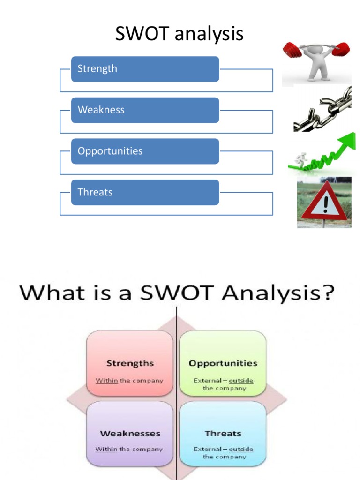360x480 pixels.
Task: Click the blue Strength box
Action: tap(145, 69)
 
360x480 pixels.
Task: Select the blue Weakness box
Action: tap(145, 110)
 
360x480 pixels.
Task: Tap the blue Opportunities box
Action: tap(145, 151)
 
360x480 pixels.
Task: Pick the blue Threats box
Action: tap(145, 192)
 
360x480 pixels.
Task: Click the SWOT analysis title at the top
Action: tap(180, 34)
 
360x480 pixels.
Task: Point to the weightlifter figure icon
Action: tap(317, 61)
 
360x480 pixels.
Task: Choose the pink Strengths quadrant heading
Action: tap(130, 363)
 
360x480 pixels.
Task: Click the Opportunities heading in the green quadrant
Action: tap(223, 363)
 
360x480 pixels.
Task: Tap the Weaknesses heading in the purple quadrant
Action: tap(130, 434)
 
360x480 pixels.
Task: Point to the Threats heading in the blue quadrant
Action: tap(223, 434)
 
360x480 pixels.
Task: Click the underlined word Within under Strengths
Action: tap(107, 380)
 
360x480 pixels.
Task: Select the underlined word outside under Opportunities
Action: tap(241, 380)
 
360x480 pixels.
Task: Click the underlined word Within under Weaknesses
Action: tap(106, 449)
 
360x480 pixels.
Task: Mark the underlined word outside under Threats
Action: tap(241, 449)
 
